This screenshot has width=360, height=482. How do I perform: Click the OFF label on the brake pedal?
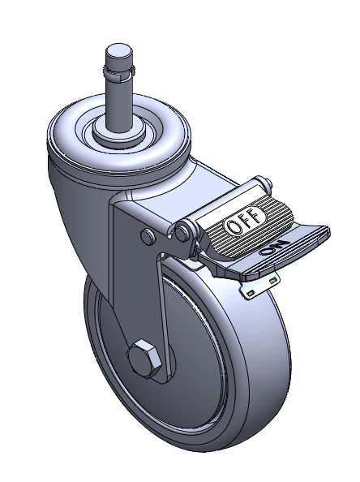(245, 220)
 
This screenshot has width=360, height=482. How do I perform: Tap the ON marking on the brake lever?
(274, 247)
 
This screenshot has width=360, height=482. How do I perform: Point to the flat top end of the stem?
(119, 50)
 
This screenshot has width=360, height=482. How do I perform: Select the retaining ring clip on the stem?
(119, 72)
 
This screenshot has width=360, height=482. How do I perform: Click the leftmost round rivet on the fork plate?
(148, 236)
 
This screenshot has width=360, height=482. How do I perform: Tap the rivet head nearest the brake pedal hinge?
(183, 231)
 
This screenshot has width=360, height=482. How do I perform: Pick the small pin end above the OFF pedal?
(268, 183)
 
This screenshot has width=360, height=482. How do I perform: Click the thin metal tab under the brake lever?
(259, 286)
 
